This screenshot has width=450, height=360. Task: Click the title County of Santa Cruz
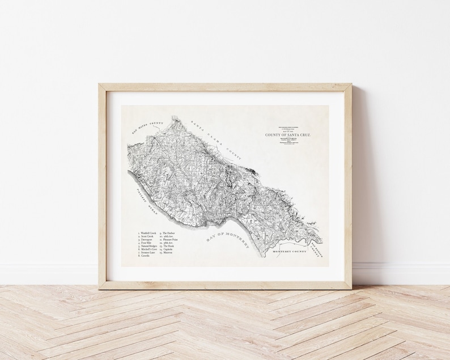[x=288, y=135]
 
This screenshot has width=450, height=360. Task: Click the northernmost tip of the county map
[x=175, y=117]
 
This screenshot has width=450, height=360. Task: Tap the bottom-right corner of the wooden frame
[x=350, y=288]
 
